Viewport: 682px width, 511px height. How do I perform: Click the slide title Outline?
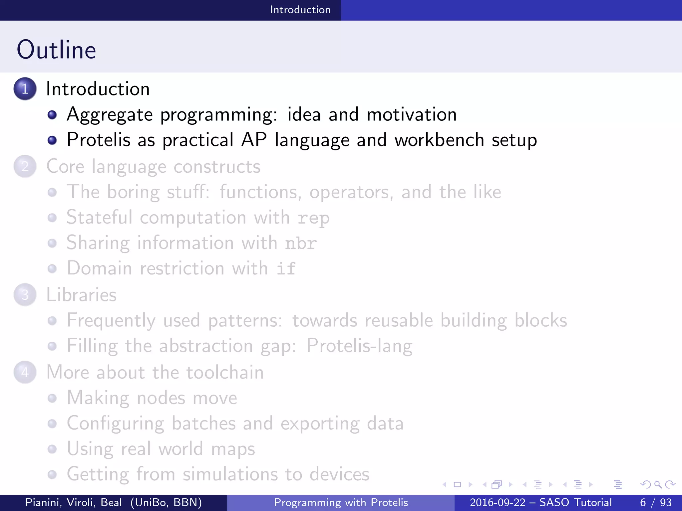[57, 50]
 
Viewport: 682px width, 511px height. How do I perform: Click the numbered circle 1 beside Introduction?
[25, 89]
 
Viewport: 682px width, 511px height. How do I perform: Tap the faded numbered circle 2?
[25, 166]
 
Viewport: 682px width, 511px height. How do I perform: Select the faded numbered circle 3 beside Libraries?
[25, 295]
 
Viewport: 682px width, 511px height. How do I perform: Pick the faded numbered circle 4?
[25, 372]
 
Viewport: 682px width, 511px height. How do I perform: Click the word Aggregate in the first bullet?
[110, 115]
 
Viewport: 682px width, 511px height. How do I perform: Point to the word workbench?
[439, 140]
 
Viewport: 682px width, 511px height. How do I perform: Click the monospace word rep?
[313, 219]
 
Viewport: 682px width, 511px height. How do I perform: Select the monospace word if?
[286, 268]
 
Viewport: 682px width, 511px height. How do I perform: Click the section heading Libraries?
[81, 295]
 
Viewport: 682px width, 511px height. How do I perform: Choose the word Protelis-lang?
[359, 346]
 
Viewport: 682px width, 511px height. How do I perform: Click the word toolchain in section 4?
[225, 372]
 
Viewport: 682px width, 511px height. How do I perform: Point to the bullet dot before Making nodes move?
[52, 398]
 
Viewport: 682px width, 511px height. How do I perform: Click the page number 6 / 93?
[655, 502]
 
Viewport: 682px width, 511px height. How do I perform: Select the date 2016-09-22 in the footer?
[498, 502]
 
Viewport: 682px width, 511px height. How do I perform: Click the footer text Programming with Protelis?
[341, 502]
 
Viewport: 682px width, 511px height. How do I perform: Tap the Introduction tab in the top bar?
[300, 10]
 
